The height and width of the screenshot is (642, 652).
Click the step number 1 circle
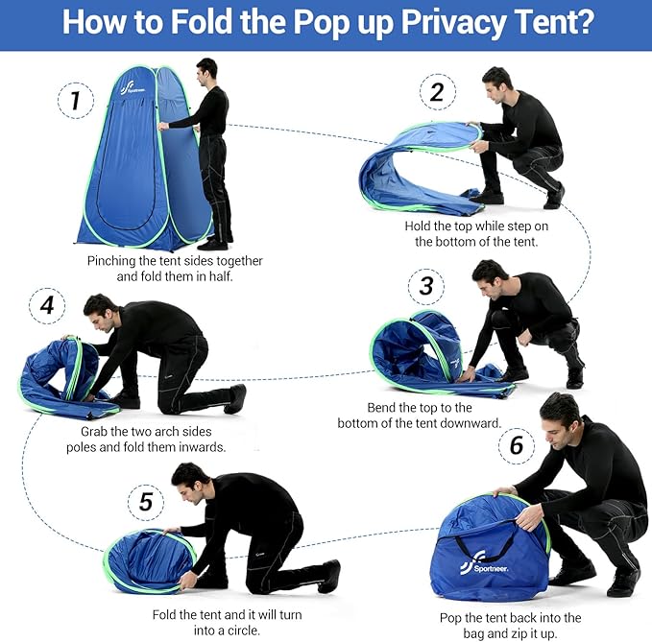[x=76, y=100]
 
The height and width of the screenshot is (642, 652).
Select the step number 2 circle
[x=437, y=93]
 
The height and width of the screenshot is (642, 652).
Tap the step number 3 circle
[x=426, y=285]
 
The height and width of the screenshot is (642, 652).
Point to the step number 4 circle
[x=47, y=307]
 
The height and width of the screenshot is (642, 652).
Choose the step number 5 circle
[x=145, y=502]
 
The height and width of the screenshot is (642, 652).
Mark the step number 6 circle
[x=517, y=445]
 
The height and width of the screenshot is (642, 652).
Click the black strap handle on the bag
[x=490, y=548]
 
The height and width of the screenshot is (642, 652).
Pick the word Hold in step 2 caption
[x=420, y=226]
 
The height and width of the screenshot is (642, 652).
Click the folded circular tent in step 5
[x=149, y=559]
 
